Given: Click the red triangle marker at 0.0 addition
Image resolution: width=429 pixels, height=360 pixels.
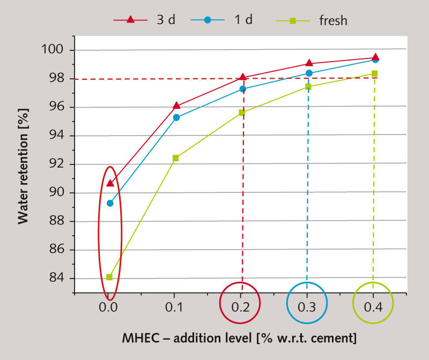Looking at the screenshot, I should point(110,183).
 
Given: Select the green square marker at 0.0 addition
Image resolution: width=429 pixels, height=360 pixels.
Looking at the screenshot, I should point(109,277).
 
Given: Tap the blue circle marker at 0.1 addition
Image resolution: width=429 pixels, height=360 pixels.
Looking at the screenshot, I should point(176,117).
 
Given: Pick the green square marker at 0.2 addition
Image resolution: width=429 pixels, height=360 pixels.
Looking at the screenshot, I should point(242,112).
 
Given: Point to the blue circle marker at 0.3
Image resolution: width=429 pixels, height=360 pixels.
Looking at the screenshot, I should point(309,73).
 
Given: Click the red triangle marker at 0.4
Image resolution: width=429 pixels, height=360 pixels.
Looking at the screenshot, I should point(375,57).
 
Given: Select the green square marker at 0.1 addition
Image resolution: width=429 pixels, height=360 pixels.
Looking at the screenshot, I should point(175,158).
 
